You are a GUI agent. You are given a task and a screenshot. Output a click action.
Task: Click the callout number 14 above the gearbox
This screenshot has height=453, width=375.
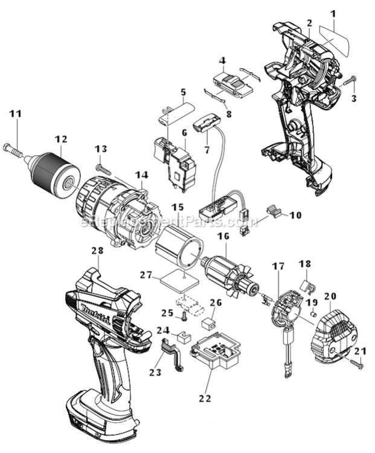coord(141,175)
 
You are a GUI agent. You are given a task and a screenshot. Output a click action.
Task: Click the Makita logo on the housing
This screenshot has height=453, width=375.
coord(92,314)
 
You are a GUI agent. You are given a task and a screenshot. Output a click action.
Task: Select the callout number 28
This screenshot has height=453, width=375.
coord(97,251)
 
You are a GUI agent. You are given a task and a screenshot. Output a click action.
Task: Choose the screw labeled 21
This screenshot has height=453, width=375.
coord(356,364)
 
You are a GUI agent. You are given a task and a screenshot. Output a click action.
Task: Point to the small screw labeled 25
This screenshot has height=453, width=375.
coord(180,314)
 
